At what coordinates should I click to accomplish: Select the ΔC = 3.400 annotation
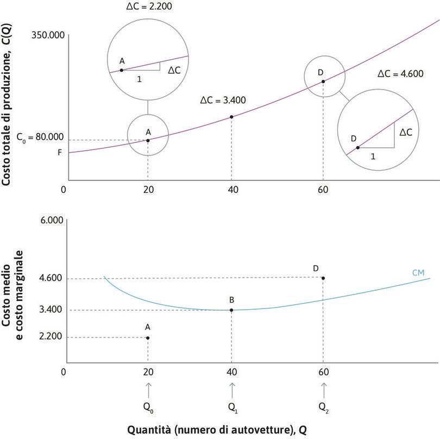pyautogui.click(x=223, y=100)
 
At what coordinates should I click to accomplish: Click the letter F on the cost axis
pyautogui.click(x=60, y=153)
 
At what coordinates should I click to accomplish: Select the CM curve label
pyautogui.click(x=418, y=272)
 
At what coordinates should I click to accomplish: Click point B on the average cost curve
pyautogui.click(x=232, y=310)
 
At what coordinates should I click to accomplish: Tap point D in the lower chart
pyautogui.click(x=323, y=278)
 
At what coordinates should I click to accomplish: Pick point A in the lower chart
pyautogui.click(x=148, y=337)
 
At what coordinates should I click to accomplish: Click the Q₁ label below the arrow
pyautogui.click(x=232, y=406)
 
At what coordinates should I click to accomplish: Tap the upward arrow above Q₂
pyautogui.click(x=324, y=390)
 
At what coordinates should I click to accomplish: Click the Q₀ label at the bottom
pyautogui.click(x=148, y=406)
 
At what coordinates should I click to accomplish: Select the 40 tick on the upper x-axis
pyautogui.click(x=231, y=190)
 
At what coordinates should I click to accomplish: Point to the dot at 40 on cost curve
pyautogui.click(x=232, y=117)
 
